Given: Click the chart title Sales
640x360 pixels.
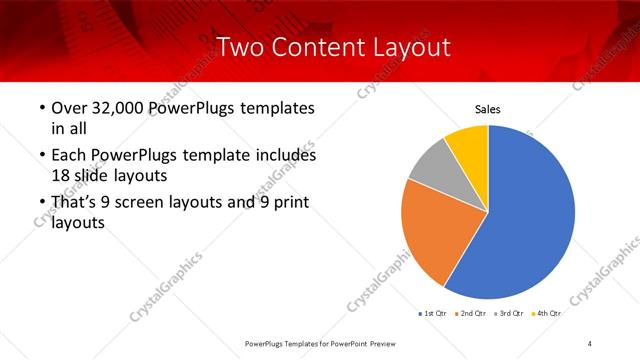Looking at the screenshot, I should pos(487,109).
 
